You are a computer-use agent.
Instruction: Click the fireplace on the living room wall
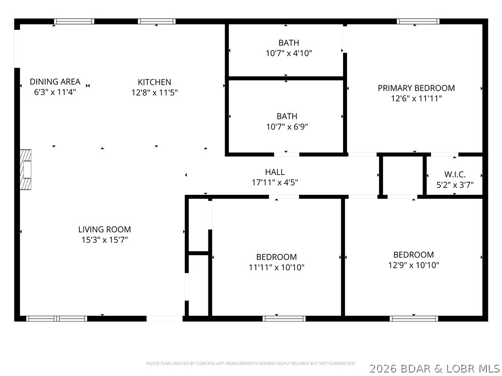[25, 169]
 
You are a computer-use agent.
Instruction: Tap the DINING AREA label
[55, 82]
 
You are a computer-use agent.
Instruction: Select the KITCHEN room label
[154, 82]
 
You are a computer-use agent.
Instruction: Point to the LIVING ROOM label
[105, 229]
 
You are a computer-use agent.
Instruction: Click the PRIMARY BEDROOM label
[416, 88]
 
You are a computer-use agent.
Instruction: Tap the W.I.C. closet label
[455, 175]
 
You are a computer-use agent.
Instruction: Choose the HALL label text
[275, 172]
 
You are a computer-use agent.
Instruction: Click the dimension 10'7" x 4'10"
[289, 53]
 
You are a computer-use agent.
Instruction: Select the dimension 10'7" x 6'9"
[287, 127]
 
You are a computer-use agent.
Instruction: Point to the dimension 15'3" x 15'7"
[105, 239]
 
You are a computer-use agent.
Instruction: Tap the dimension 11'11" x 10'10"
[276, 267]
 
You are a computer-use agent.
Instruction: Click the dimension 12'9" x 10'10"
[414, 265]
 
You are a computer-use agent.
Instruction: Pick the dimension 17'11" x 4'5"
[275, 182]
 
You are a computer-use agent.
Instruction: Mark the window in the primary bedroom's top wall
[418, 22]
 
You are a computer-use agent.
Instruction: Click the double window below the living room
[57, 318]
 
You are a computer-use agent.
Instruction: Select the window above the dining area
[74, 22]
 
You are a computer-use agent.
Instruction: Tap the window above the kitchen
[156, 22]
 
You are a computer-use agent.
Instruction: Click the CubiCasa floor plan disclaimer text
[251, 363]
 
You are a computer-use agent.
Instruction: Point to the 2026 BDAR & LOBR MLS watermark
[435, 369]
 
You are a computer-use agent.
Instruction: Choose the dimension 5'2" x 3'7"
[455, 185]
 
